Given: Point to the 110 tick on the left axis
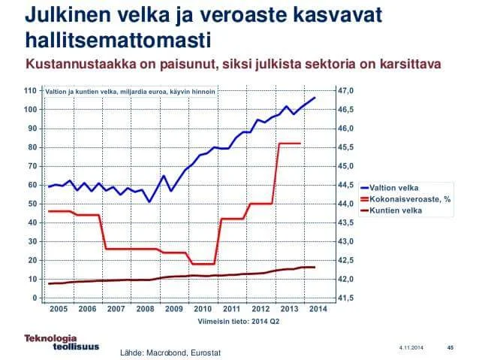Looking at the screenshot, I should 31,91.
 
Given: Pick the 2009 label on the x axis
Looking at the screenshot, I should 174,308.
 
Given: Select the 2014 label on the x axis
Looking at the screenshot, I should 316,308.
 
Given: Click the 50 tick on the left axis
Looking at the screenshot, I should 32,204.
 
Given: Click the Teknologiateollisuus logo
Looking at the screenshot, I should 55,340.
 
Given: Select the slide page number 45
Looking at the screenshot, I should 450,347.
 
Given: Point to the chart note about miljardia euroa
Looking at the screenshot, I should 131,91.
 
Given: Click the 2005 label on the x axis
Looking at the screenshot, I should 59,308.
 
